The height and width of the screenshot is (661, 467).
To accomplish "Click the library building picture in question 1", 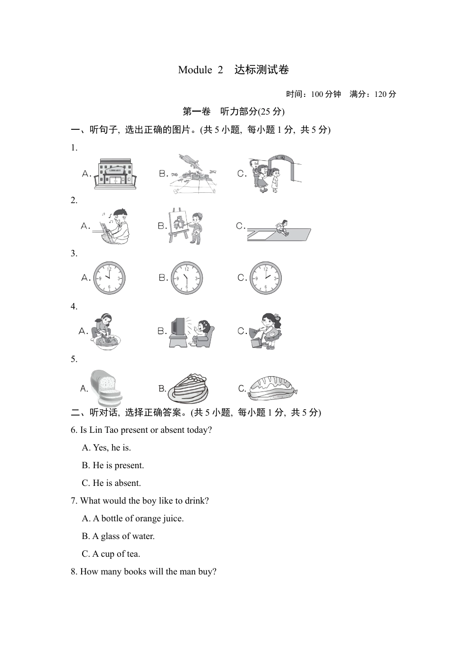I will point(115,174).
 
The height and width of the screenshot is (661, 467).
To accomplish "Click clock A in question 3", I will point(110,278).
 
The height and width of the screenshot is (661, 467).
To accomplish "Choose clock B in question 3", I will point(187,278).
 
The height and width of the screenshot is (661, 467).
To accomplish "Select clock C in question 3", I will point(265,278).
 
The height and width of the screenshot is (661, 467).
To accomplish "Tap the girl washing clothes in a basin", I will point(105,331).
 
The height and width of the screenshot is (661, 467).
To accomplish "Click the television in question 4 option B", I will point(177,328).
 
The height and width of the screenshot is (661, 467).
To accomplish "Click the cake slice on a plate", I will point(188,388).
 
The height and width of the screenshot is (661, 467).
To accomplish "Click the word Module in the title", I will point(195,70).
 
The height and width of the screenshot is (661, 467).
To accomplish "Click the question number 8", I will point(74,571).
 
